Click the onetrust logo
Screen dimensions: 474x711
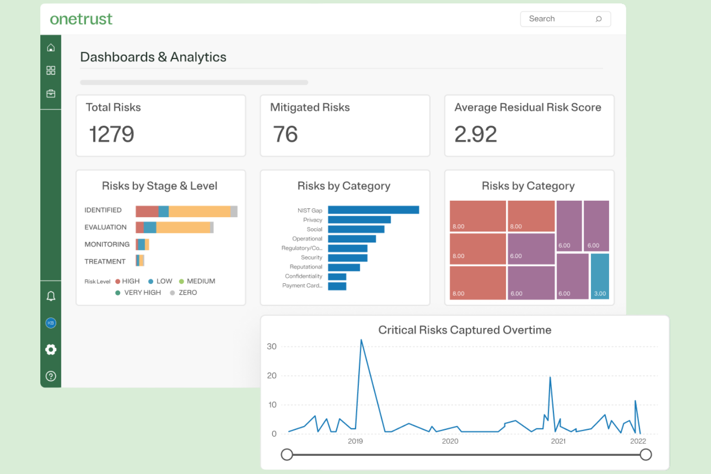[81, 19]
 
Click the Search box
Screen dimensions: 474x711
[560, 19]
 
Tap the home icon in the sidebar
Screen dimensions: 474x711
[51, 48]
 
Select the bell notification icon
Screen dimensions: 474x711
[51, 296]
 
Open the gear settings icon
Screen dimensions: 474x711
[51, 350]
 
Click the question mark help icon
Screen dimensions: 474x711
[51, 376]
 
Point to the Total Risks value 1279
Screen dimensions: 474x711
[111, 134]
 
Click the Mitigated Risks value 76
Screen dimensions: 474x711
[285, 134]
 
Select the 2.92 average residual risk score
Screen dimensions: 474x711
[476, 134]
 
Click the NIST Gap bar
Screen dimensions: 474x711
[373, 210]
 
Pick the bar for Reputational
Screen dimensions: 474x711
[343, 267]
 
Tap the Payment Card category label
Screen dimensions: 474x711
[302, 286]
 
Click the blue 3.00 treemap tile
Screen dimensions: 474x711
[600, 276]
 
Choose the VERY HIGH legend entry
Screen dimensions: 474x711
[138, 292]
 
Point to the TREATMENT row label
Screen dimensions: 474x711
[105, 261]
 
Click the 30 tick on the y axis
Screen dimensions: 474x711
[271, 346]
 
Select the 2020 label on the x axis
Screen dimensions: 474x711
[450, 441]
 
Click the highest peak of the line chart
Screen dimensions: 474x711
[361, 340]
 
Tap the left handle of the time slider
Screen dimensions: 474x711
[287, 454]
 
